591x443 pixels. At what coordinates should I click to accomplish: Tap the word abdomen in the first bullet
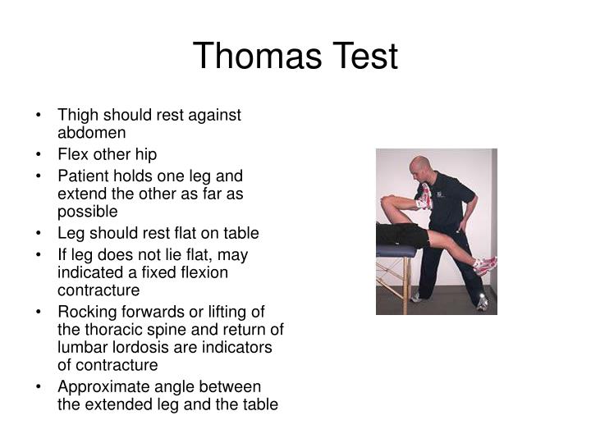coord(91,132)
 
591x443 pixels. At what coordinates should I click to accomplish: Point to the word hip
coord(145,153)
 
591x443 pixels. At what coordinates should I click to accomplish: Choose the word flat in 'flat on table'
coord(190,232)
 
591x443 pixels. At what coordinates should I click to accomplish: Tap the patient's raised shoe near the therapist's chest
coord(424,196)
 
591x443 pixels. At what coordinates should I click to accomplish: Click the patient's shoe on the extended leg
coord(485,264)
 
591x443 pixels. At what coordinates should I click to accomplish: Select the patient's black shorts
coord(407,236)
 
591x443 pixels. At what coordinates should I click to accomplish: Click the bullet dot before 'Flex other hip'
coord(42,153)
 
